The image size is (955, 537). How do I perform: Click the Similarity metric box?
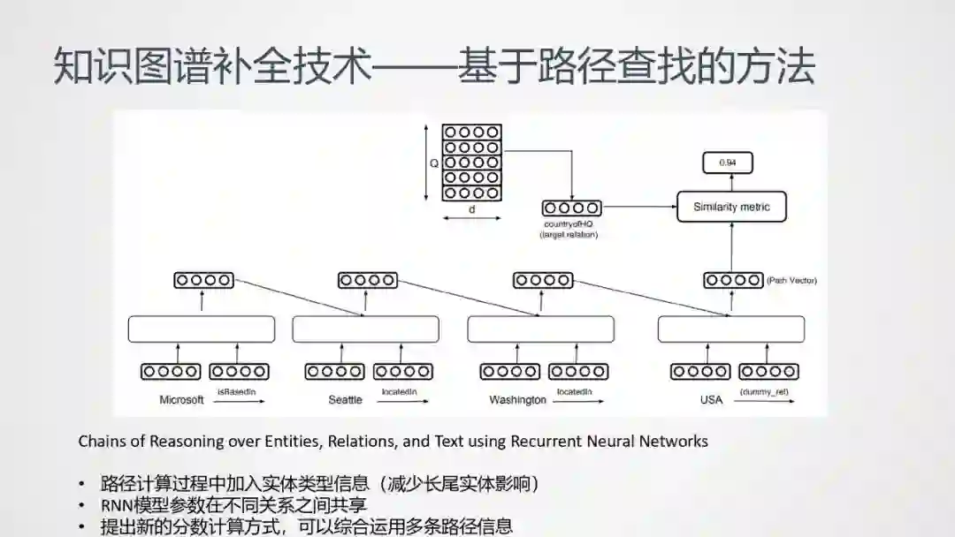pos(730,207)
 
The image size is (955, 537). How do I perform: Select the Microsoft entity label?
pos(181,399)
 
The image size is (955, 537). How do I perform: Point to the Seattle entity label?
pos(345,399)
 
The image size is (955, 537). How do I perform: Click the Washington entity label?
pos(517,399)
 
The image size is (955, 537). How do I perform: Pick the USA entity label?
pos(711,399)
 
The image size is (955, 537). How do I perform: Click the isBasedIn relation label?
pos(235,390)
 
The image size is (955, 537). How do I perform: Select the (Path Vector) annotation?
pos(791,280)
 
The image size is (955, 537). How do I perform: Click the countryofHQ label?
pos(570,225)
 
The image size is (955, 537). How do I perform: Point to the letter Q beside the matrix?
pos(434,163)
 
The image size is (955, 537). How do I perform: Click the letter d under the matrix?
pos(471,209)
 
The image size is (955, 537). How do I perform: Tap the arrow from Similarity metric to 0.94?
pos(730,181)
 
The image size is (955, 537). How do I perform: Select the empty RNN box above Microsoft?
pos(202,329)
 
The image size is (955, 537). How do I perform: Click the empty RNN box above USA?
pos(731,329)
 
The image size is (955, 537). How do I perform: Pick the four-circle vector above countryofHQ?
pos(571,208)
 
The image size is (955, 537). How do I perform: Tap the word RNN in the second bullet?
pos(118,505)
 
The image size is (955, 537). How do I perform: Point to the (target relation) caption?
pos(570,235)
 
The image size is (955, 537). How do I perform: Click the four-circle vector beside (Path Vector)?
pos(732,280)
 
